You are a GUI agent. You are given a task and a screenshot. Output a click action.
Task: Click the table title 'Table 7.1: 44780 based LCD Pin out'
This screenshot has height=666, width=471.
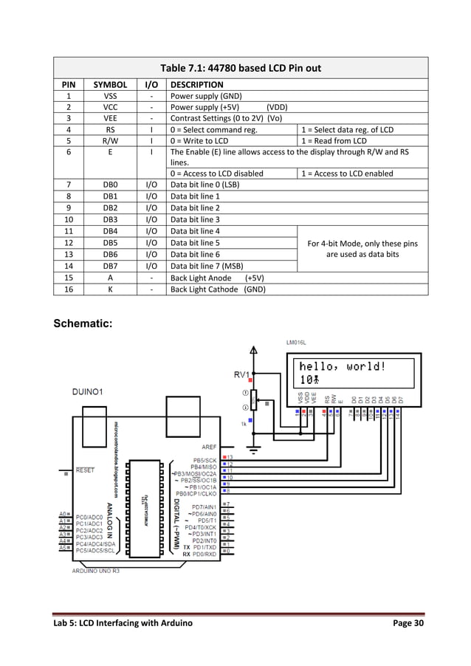click(241, 68)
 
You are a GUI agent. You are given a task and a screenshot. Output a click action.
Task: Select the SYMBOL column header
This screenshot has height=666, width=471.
click(110, 85)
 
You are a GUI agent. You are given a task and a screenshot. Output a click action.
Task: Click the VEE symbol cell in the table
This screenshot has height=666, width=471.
click(110, 117)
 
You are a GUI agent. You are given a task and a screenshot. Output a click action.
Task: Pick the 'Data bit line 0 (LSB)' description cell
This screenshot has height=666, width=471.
click(204, 185)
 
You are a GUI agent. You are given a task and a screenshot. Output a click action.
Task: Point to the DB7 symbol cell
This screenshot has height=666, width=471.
click(110, 266)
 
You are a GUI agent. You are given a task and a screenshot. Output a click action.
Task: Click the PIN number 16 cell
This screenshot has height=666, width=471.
click(68, 289)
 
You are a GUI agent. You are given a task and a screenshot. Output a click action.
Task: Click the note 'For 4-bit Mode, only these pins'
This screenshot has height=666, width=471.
click(362, 243)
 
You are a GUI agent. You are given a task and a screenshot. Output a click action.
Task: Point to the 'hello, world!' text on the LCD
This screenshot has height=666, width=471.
click(343, 366)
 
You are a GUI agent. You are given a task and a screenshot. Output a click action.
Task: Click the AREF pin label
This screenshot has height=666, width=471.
click(209, 447)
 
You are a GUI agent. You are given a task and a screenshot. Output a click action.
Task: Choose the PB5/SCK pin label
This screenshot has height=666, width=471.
click(204, 459)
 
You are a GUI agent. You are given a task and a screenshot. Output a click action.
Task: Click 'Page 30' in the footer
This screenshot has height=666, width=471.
click(407, 625)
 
